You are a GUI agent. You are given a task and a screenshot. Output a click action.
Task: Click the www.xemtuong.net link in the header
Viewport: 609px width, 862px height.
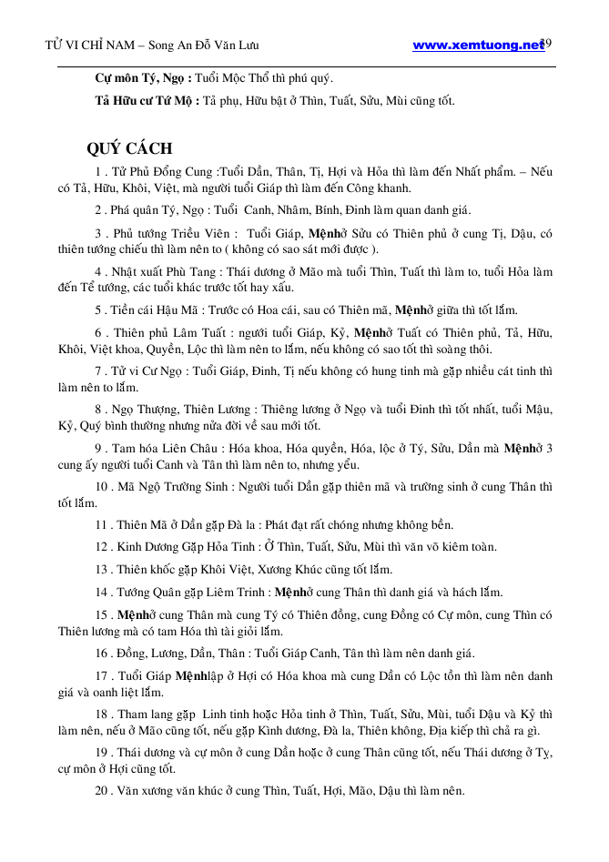pos(478,46)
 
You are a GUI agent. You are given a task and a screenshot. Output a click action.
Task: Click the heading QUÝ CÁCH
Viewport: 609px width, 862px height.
pos(129,148)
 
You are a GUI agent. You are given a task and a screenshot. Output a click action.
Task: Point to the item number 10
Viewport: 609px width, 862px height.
pos(100,487)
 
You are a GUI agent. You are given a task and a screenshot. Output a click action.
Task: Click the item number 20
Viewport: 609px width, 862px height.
pos(100,790)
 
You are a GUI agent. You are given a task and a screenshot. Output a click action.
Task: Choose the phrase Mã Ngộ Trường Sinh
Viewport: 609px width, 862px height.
pos(175,487)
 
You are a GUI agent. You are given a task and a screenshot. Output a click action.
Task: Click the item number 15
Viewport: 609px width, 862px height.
pos(100,615)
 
